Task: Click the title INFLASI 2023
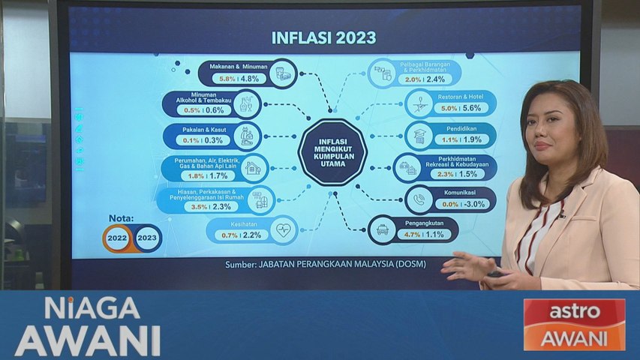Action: coord(323,37)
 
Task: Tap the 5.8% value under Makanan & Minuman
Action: coord(224,78)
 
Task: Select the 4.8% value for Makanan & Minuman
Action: coord(250,78)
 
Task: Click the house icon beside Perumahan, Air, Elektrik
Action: coord(253,168)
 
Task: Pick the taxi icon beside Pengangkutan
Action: coord(383,229)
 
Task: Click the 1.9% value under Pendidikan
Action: coord(473,139)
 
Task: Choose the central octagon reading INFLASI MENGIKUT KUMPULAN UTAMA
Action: coord(332,152)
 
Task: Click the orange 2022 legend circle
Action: coord(119,238)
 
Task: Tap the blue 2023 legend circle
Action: coord(148,238)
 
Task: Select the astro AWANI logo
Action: coord(574,324)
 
